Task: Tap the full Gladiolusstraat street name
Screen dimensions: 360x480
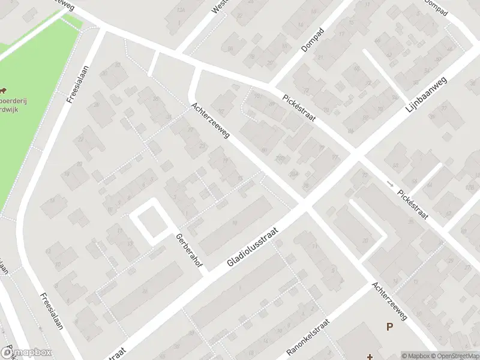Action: [254, 247]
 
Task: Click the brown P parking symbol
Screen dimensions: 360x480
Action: [389, 327]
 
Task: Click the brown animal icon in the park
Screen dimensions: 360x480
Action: [4, 91]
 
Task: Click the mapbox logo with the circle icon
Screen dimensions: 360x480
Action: [26, 353]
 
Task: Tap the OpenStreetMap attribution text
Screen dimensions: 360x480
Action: [453, 356]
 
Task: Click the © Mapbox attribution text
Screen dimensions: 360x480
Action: [415, 356]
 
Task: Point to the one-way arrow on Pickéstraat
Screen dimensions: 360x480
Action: [391, 183]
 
